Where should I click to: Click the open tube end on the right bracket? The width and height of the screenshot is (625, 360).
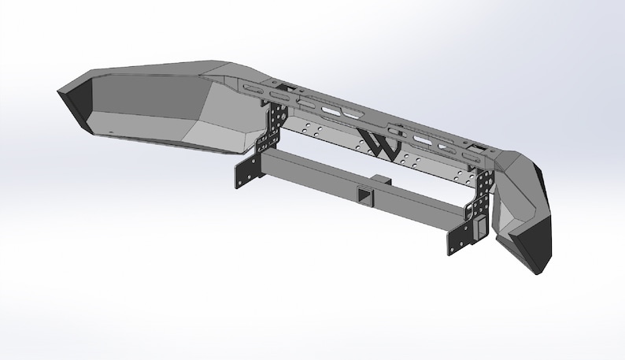(478, 227)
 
